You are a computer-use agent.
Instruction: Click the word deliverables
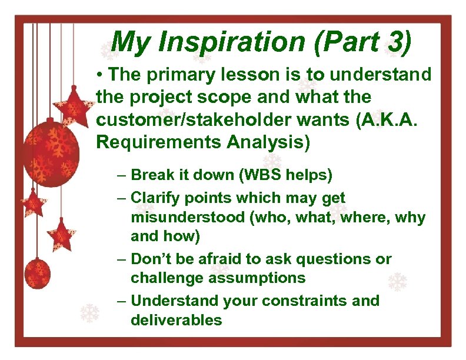click(x=177, y=320)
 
